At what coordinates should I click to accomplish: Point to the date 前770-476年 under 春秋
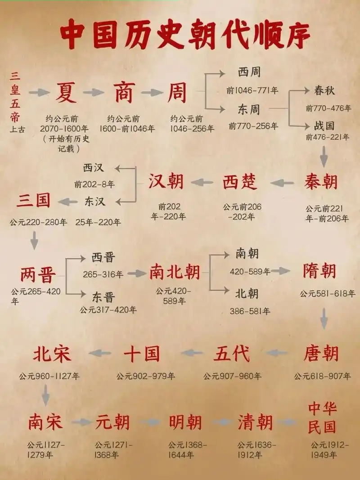328,108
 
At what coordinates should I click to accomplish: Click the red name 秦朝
321,182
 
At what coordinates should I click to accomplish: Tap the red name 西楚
240,182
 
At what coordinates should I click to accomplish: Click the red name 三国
33,201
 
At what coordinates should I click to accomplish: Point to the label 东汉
94,201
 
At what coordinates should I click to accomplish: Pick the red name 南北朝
175,272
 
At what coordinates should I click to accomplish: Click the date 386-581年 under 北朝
250,311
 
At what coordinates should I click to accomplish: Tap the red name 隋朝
319,271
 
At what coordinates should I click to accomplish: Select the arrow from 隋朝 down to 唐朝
324,320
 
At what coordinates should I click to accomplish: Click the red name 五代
231,354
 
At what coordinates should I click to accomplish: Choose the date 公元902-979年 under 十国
146,376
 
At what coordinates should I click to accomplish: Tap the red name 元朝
112,422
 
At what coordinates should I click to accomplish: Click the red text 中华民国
323,417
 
